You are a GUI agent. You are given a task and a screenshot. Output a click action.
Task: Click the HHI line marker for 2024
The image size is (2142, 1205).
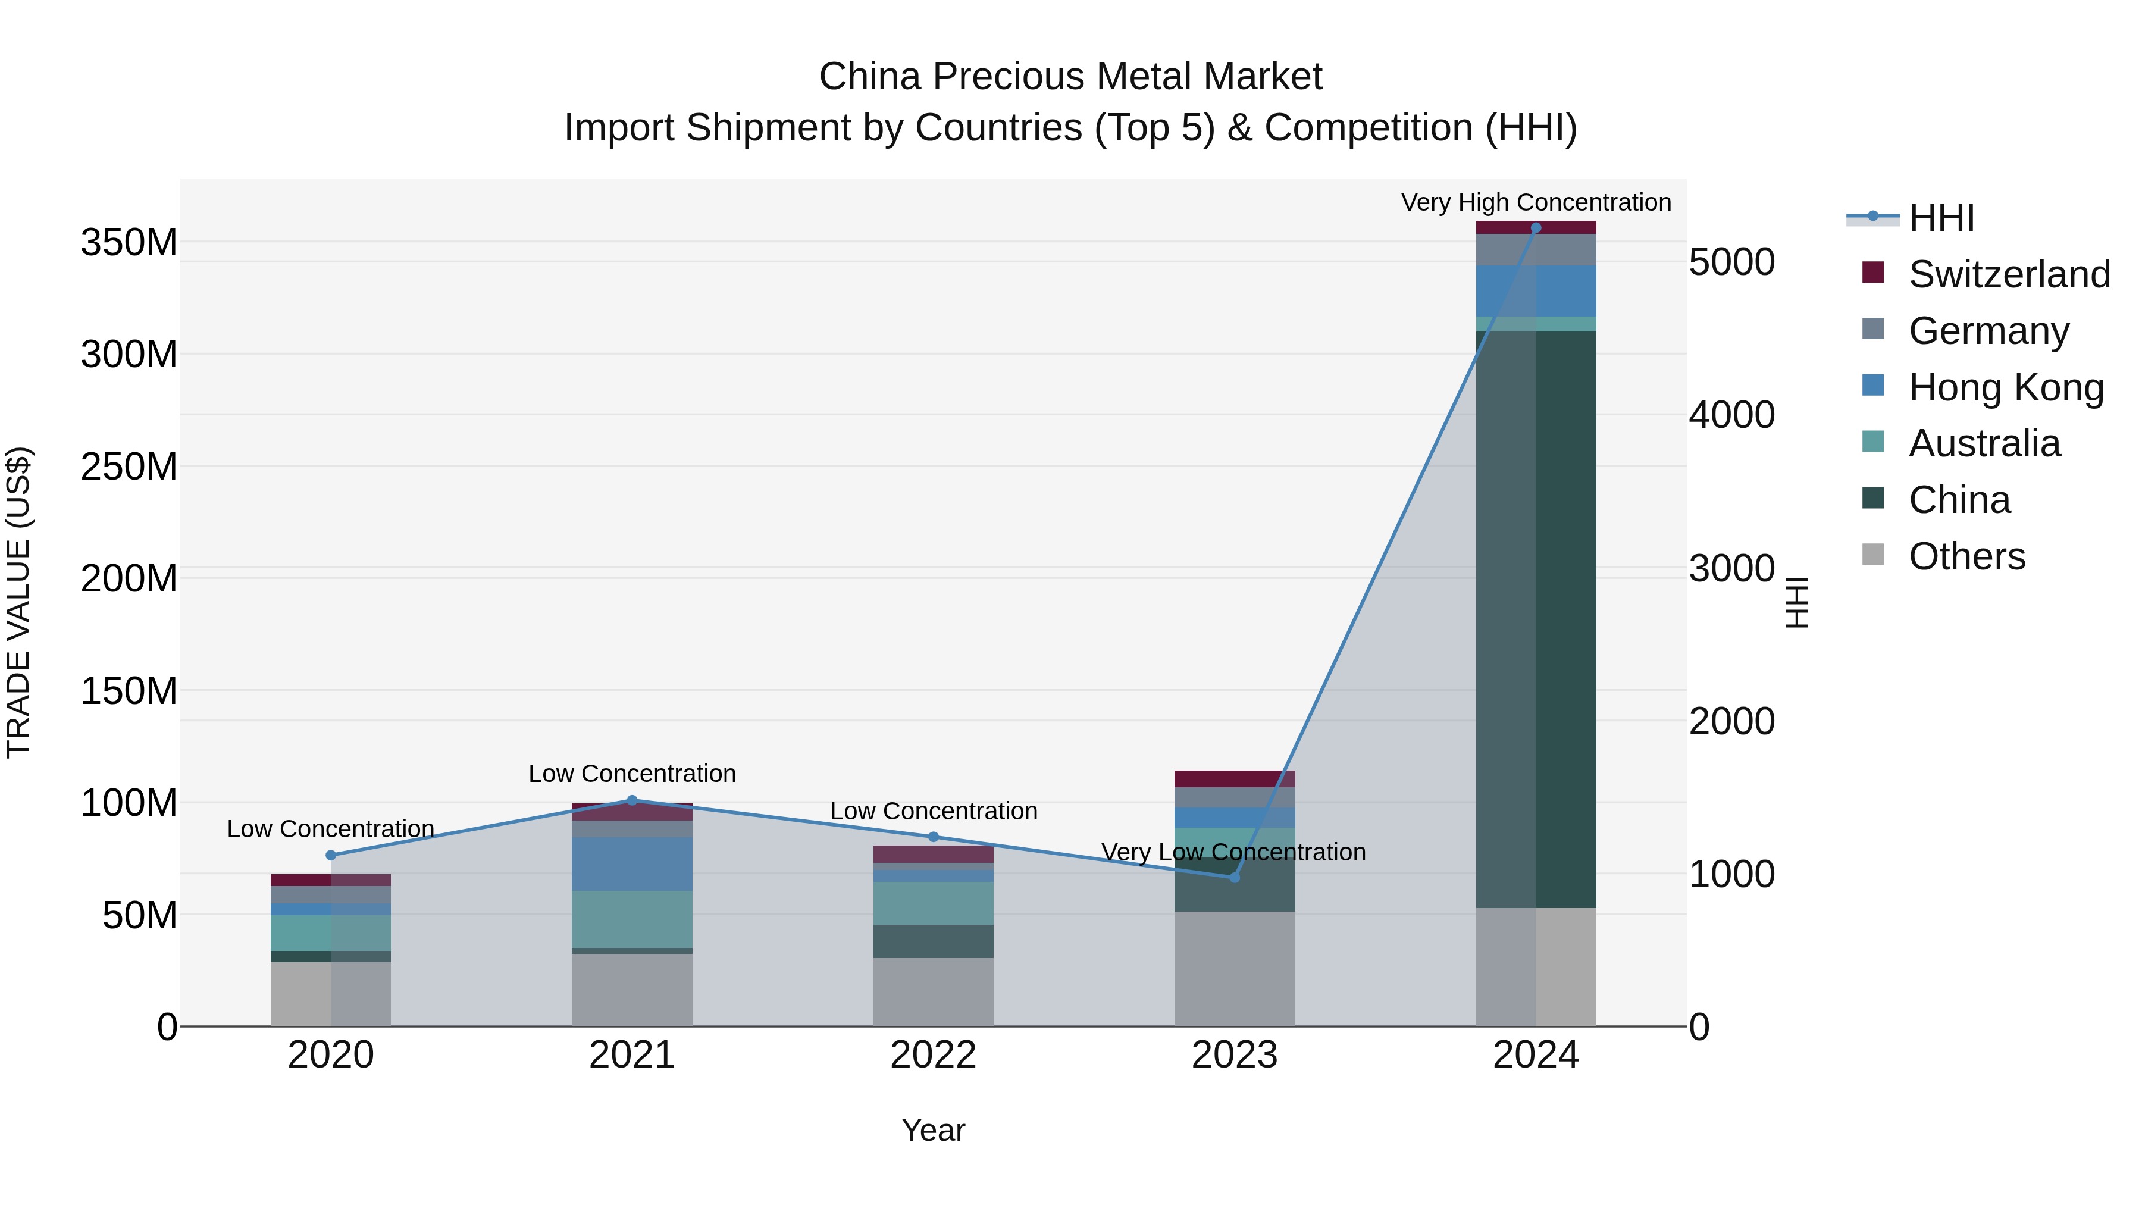point(1536,228)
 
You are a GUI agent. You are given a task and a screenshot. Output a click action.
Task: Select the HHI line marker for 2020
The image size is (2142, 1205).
point(331,855)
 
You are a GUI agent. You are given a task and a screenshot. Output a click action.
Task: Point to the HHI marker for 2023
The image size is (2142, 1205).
point(1235,877)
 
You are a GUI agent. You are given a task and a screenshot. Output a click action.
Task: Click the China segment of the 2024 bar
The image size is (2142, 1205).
point(1536,619)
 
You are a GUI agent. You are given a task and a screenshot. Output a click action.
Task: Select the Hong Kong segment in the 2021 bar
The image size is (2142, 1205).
point(632,864)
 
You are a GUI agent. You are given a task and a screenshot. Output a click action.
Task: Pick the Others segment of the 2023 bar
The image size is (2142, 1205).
point(1235,969)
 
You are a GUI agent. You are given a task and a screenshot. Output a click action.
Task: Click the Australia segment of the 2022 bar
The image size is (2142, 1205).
point(933,903)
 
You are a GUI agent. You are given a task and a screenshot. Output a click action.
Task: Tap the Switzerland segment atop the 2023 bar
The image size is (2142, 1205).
point(1235,778)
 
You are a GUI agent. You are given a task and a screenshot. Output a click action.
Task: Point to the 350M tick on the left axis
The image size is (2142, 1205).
point(129,243)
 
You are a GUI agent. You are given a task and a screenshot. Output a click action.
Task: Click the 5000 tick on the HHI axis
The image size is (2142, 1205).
point(1731,262)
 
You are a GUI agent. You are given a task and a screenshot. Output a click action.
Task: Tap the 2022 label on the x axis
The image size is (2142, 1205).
point(933,1055)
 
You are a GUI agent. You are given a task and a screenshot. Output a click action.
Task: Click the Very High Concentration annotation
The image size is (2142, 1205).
point(1536,202)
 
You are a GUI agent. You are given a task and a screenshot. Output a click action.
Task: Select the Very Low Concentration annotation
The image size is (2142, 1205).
point(1233,852)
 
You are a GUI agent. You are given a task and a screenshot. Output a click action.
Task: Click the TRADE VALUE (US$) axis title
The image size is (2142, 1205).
point(19,602)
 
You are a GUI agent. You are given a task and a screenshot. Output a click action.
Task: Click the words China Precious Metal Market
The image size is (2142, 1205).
point(1070,77)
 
